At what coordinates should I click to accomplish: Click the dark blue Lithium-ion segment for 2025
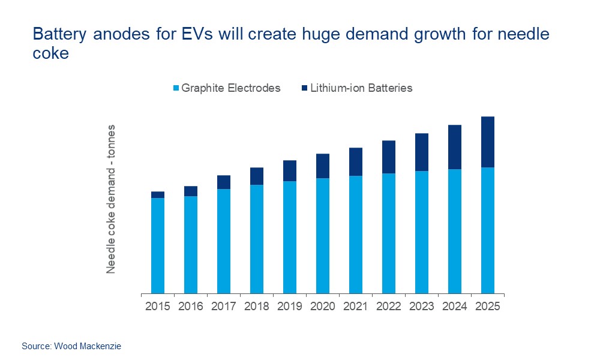click(487, 142)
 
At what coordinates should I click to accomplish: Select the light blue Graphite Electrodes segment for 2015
click(158, 245)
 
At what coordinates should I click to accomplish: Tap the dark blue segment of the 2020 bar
click(323, 166)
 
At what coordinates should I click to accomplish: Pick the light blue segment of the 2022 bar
click(389, 233)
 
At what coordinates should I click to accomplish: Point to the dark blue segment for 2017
click(224, 182)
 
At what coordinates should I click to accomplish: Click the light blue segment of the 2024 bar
click(455, 231)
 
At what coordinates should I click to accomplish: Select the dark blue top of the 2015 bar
click(158, 194)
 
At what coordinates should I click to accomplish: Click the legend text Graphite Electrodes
click(231, 88)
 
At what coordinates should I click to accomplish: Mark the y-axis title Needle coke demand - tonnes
click(111, 199)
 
